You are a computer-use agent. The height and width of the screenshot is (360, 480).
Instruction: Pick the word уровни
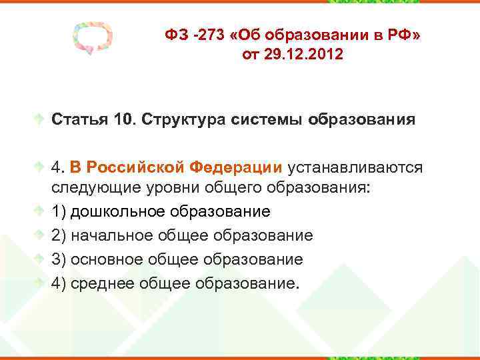pos(175,188)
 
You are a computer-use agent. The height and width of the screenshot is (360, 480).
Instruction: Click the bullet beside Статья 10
pos(41,121)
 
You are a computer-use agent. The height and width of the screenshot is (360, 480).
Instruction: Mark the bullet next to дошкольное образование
pos(41,212)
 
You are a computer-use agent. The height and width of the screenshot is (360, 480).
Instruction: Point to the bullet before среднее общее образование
pos(41,283)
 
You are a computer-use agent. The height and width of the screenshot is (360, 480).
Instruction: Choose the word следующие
pos(93,188)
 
